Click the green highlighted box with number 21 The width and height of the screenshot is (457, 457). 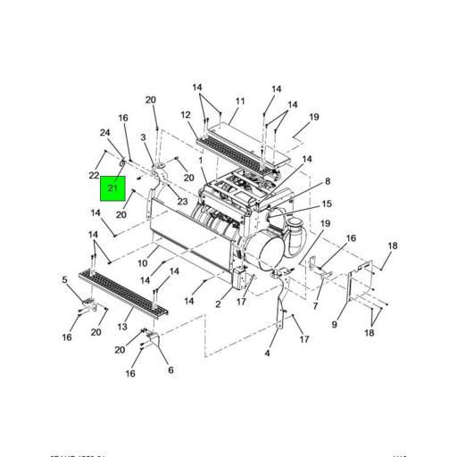(113, 189)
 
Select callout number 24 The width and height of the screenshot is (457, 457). (104, 134)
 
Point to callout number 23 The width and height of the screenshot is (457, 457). (182, 202)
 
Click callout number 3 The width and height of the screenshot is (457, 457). (143, 137)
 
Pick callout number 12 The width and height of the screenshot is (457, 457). (186, 115)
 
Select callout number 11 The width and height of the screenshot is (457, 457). (239, 102)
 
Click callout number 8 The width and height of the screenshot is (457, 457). (327, 181)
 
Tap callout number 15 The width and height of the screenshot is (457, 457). (327, 204)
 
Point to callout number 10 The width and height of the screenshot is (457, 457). (142, 263)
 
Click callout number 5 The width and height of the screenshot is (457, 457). (64, 279)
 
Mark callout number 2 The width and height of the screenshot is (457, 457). (217, 305)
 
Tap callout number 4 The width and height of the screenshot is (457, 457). (267, 353)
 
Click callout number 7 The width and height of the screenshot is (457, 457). (315, 306)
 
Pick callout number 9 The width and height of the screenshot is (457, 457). (335, 325)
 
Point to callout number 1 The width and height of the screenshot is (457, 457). (201, 161)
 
